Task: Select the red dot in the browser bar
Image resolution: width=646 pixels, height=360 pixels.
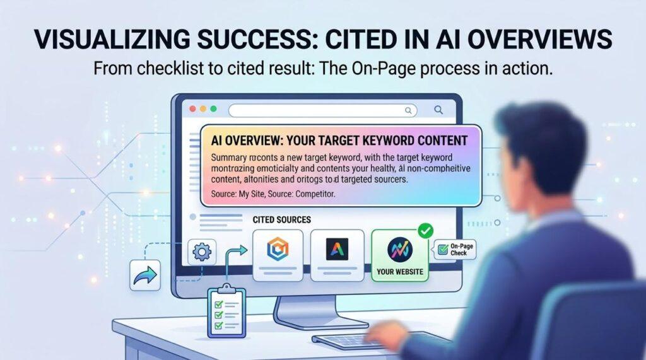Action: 192,109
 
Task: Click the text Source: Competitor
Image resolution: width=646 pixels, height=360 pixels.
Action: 298,194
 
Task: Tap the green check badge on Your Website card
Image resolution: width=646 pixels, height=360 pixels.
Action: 425,231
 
